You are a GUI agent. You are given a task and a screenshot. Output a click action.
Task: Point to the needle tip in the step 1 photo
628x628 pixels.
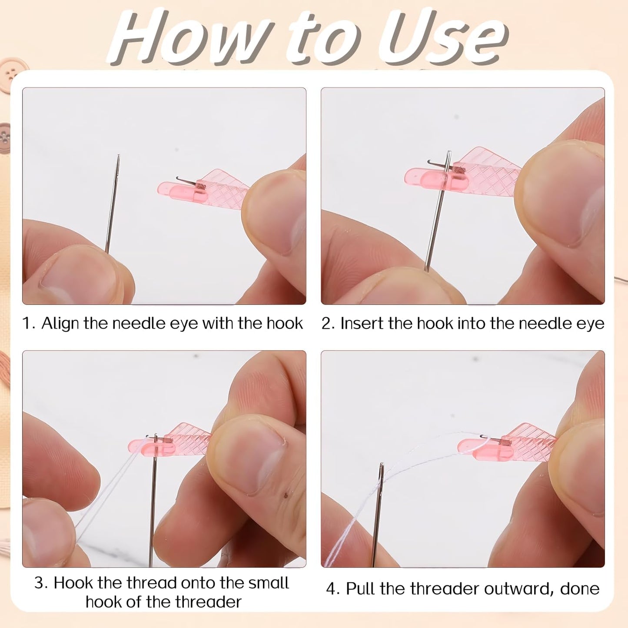coord(118,156)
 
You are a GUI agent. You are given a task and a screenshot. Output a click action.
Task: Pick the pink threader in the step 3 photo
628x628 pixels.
coord(174,441)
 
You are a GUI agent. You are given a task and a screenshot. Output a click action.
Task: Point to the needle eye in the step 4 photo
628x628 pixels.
coord(382,472)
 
